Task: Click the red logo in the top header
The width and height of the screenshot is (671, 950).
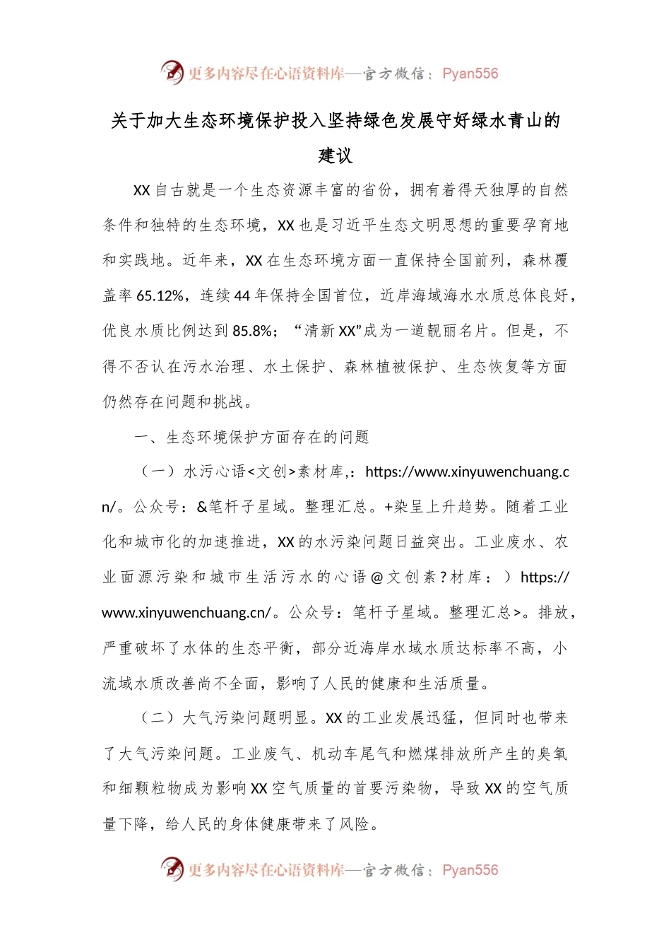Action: (172, 72)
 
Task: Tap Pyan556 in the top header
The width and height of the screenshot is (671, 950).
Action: (470, 74)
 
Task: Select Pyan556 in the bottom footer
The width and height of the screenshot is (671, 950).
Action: (470, 870)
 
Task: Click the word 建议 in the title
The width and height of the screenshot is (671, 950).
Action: (335, 156)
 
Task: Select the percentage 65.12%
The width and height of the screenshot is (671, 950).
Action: (160, 295)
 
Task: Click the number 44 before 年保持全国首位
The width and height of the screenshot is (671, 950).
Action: (242, 295)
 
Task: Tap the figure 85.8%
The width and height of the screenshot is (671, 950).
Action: (252, 331)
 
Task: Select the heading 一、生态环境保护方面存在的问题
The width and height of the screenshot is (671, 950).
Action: (251, 437)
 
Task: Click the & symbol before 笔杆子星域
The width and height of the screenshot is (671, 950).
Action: (202, 507)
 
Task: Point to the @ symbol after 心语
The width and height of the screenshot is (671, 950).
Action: (376, 577)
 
